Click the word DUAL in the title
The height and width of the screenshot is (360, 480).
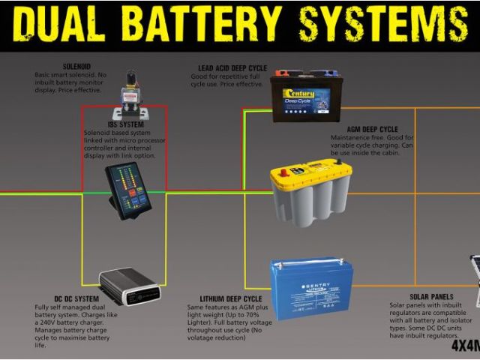click(x=63, y=25)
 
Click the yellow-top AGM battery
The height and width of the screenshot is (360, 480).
click(x=310, y=193)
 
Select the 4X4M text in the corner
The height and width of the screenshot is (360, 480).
click(x=466, y=346)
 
